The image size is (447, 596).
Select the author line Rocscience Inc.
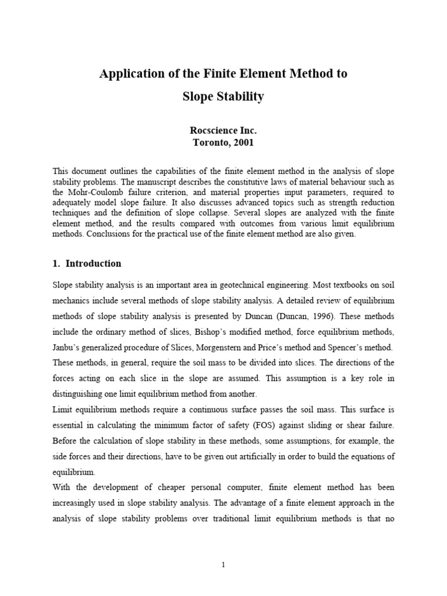(223, 130)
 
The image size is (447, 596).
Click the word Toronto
(212, 141)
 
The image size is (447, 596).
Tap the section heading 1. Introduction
(87, 263)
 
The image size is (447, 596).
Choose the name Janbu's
(67, 347)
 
